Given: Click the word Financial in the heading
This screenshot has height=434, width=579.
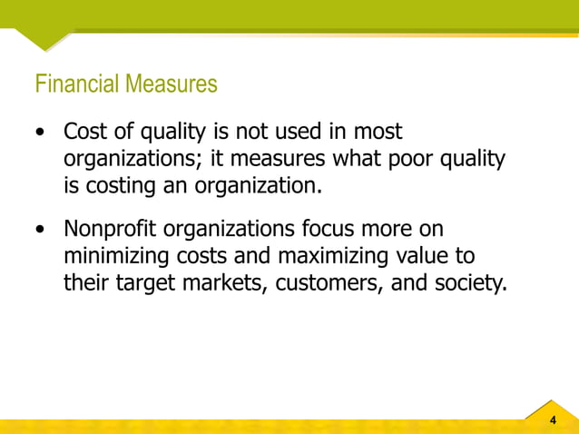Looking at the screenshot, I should [x=77, y=84].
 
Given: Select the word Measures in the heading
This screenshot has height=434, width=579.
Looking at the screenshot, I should [x=171, y=84].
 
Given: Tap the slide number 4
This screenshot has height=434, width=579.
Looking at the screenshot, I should [x=554, y=419].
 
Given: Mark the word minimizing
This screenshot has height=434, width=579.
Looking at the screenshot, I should [x=116, y=257].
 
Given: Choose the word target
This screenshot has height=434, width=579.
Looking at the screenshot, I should [x=145, y=284].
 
